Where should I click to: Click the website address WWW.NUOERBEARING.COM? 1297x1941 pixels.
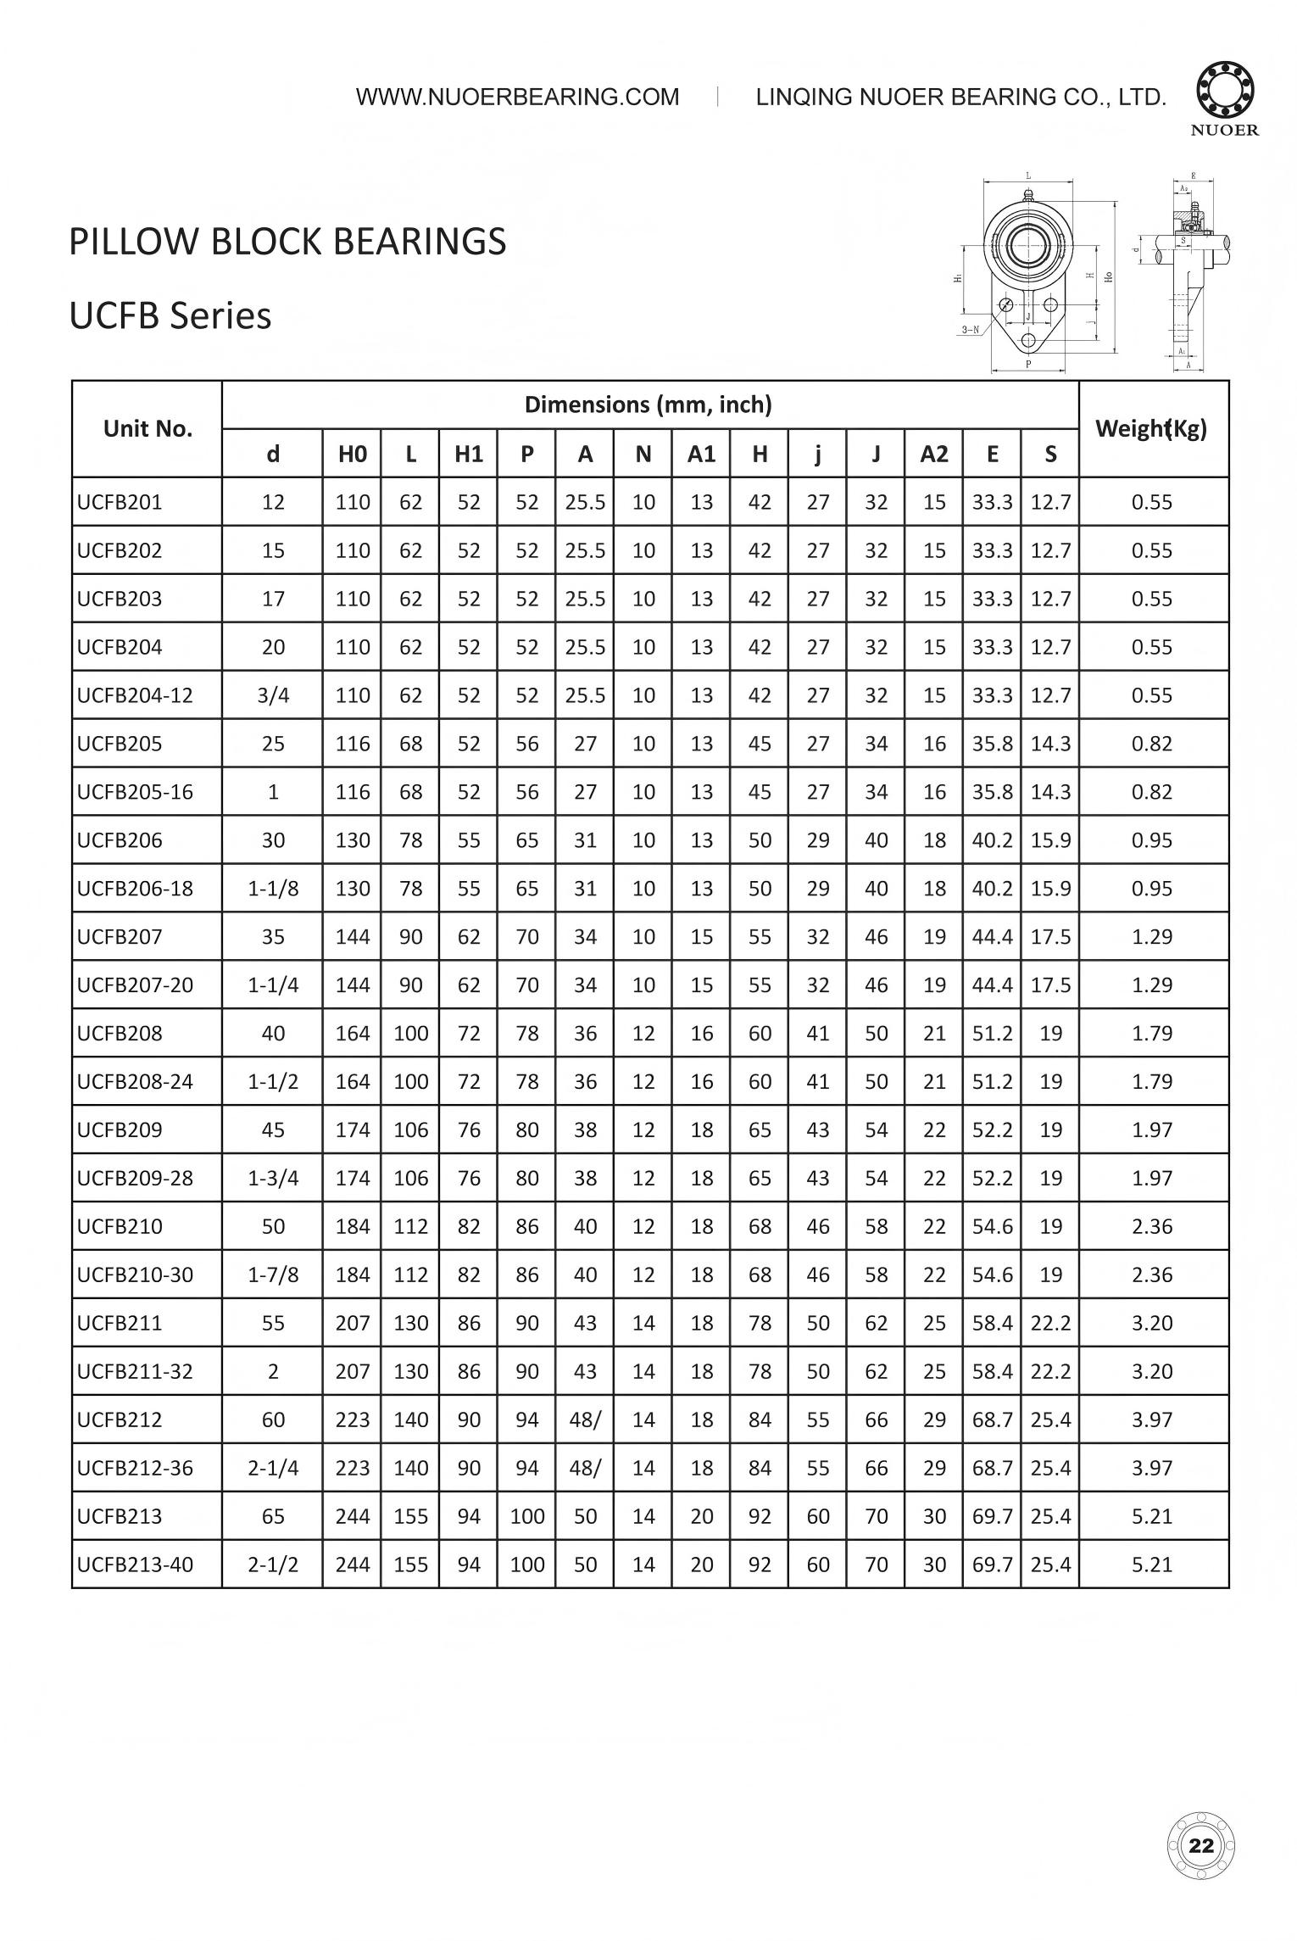517,98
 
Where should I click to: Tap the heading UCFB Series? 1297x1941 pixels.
170,316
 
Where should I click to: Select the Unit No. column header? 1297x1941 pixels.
148,429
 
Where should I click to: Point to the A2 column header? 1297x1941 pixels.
934,455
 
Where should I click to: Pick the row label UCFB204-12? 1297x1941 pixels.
136,695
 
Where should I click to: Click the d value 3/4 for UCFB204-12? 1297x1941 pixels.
273,695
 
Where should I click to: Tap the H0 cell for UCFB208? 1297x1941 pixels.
353,1034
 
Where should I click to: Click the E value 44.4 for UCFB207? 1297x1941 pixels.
992,937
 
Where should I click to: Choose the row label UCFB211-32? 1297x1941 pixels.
136,1371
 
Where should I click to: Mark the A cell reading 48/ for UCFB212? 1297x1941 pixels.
585,1419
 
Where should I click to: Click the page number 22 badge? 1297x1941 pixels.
1201,1846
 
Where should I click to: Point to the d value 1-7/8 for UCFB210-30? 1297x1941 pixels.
273,1274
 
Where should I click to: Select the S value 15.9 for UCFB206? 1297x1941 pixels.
1050,840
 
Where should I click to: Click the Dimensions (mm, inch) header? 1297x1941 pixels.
648,404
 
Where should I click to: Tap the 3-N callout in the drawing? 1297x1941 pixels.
970,330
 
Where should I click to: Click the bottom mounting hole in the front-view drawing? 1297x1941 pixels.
1028,340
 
